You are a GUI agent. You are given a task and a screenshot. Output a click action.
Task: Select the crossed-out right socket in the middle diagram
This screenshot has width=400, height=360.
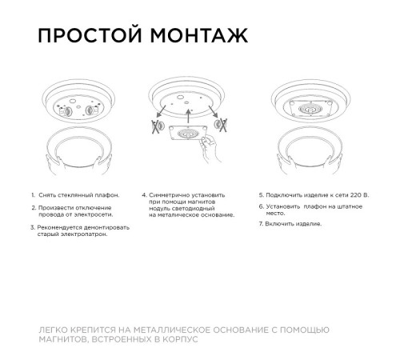click(218, 126)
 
